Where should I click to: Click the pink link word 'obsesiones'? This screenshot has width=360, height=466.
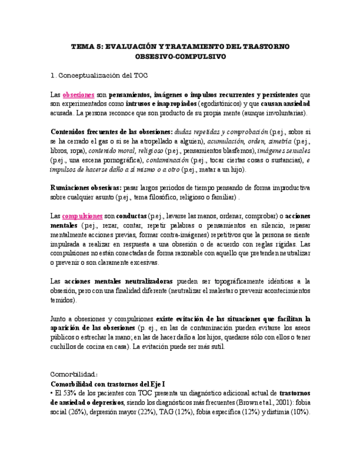click(x=79, y=94)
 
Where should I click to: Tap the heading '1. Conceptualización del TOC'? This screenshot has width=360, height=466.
click(x=99, y=75)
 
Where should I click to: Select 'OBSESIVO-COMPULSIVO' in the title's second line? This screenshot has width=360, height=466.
click(x=180, y=57)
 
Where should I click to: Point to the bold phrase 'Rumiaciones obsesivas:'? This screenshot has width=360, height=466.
click(x=86, y=187)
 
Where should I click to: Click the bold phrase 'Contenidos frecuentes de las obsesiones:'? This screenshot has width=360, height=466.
click(x=111, y=132)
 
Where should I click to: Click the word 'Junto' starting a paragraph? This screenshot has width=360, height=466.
click(x=59, y=318)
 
